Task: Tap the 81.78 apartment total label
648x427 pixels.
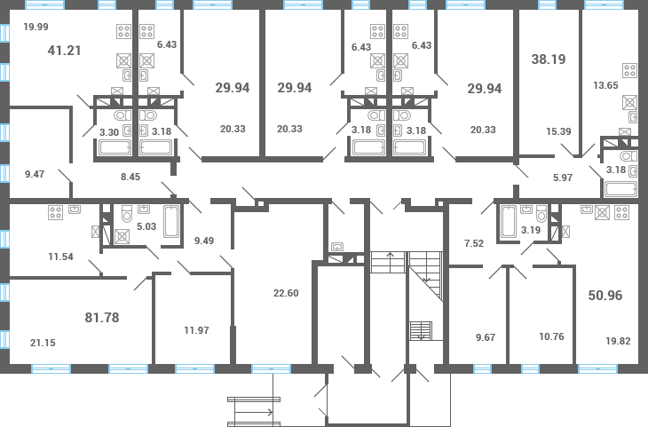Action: [101, 317]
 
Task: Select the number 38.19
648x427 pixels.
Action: [549, 60]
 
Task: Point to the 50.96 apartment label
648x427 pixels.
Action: [605, 295]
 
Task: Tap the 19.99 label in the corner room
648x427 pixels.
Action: [36, 28]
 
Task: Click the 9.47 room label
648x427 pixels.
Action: [35, 175]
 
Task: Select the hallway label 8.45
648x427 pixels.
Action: [130, 176]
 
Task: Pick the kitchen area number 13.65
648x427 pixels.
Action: [605, 85]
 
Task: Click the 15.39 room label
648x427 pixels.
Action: [557, 131]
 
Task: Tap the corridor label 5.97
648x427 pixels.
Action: [562, 178]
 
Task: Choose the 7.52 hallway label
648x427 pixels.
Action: [475, 243]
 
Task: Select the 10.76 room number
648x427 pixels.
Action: [551, 336]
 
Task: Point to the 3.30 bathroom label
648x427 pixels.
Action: [109, 132]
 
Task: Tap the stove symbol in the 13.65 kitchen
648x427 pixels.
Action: [631, 72]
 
